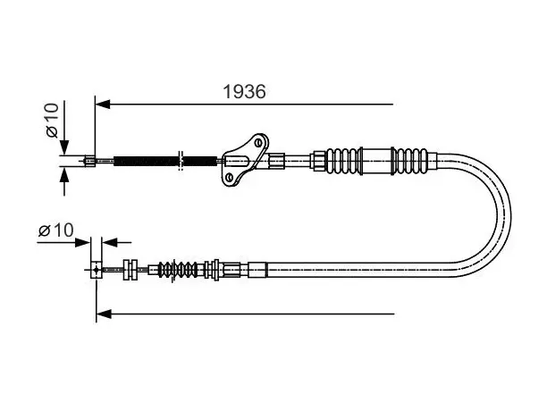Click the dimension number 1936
pos(244,91)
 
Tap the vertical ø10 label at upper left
pos(52,121)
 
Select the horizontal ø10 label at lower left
pos(55,230)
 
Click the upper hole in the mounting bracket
pos(258,142)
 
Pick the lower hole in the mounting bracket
pos(229,178)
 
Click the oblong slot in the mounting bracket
pos(238,162)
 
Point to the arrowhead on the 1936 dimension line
pos(103,104)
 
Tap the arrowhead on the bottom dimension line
pos(104,314)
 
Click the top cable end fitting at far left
pos(90,161)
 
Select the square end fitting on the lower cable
pos(96,270)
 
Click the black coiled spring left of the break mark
pos(146,161)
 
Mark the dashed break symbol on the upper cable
pos(181,161)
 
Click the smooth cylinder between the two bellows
pos(377,161)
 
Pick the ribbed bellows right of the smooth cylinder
pos(410,161)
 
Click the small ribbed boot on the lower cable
pos(177,270)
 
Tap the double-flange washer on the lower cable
pos(130,270)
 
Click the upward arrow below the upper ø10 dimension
pos(64,181)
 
